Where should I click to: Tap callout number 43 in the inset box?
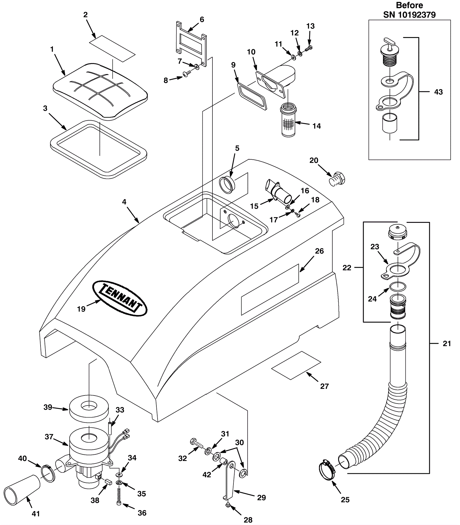tap(438, 92)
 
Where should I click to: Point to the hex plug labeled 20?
tap(337, 179)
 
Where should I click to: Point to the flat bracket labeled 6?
tap(191, 44)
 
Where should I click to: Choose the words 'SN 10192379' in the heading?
tap(409, 15)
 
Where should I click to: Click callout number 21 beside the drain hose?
tap(447, 343)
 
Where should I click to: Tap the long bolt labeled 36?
tap(119, 499)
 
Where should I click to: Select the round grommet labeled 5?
tap(227, 184)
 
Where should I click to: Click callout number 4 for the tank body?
tap(124, 202)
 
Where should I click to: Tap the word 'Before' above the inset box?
tap(410, 5)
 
